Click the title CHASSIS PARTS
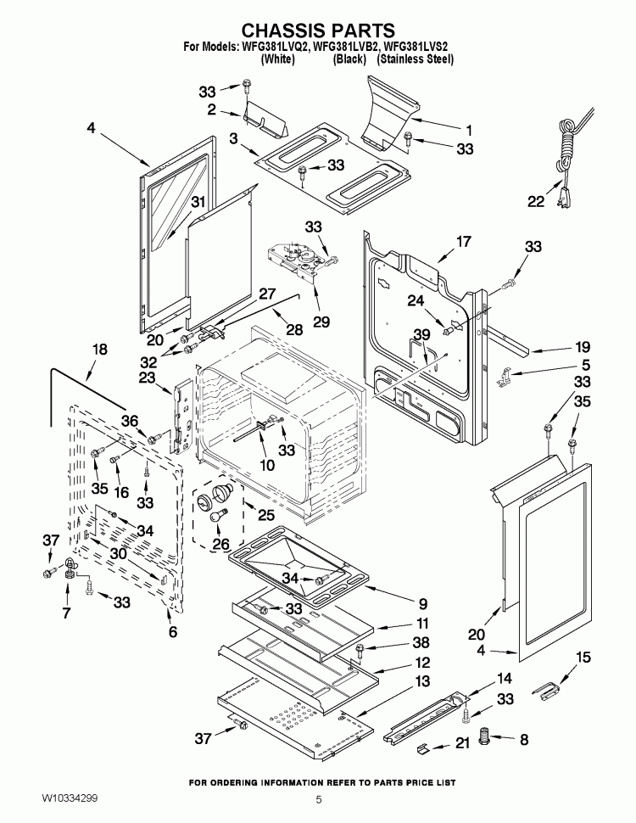coord(319,32)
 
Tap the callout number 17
coord(462,242)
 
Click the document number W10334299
coord(73,799)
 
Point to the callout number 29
coord(321,322)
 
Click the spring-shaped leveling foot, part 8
coord(486,738)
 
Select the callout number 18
coord(100,349)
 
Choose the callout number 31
coord(198,201)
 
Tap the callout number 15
coord(560,658)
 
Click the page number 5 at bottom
coord(319,799)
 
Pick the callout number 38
coord(397,642)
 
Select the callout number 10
coord(267,465)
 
